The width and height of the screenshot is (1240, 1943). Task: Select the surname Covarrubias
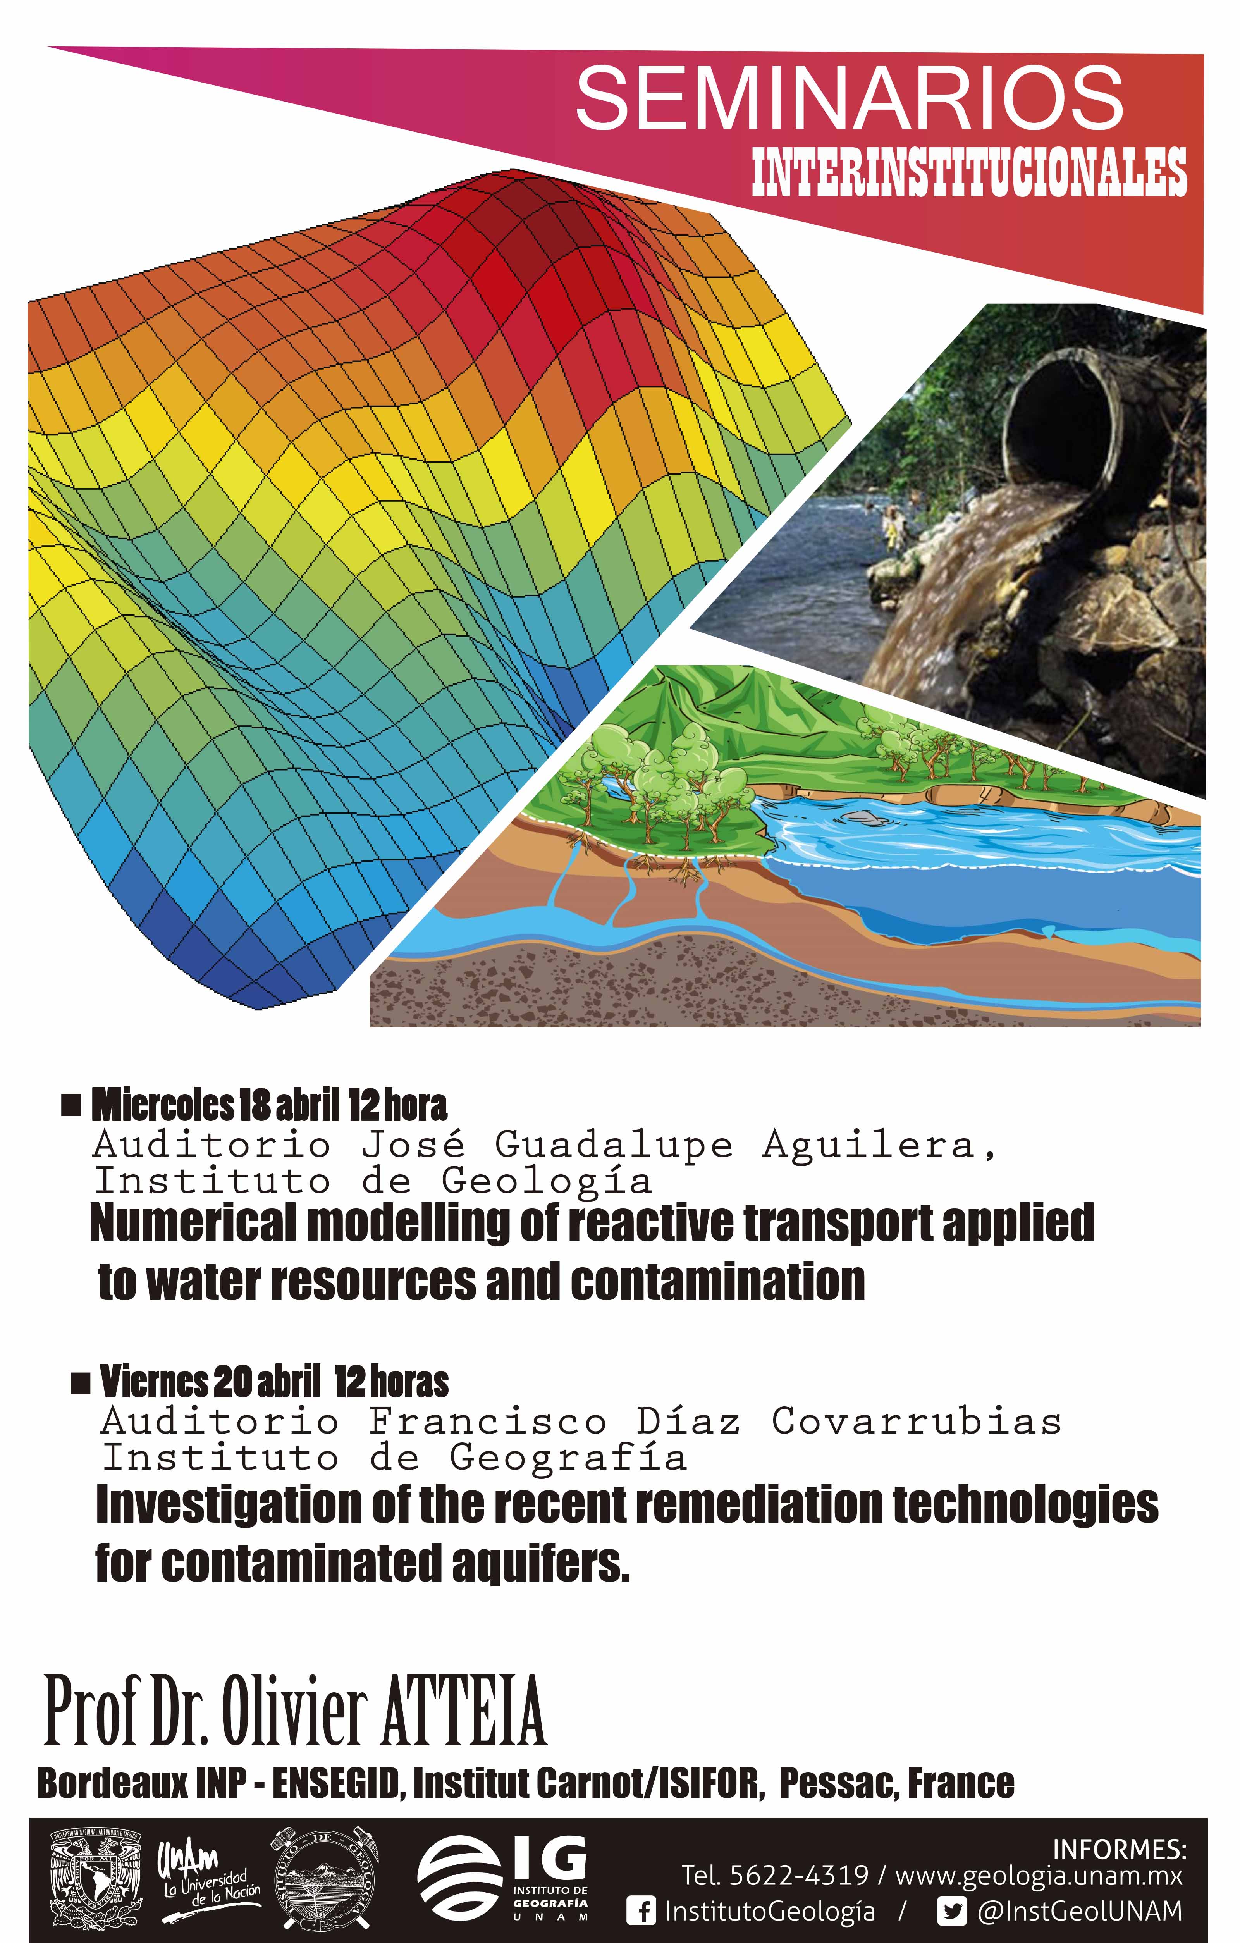point(917,1422)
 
